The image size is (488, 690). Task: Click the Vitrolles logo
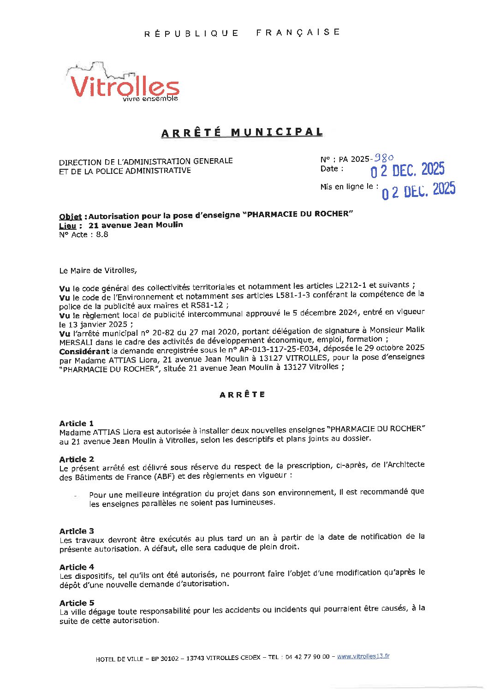(124, 83)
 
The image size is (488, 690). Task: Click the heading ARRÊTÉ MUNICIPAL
(242, 132)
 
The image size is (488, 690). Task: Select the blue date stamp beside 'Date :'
(407, 171)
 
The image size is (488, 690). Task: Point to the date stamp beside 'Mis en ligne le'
(418, 190)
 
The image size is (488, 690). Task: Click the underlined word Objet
(70, 216)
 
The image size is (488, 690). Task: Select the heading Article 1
(77, 423)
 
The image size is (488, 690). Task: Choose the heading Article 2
(77, 459)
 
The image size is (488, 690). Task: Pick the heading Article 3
(77, 531)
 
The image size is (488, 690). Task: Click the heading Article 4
(77, 567)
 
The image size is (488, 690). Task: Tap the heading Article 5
(77, 603)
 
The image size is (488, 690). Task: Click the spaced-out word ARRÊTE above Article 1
(243, 395)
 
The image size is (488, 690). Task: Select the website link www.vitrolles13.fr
(363, 656)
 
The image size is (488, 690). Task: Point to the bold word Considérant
(81, 351)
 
